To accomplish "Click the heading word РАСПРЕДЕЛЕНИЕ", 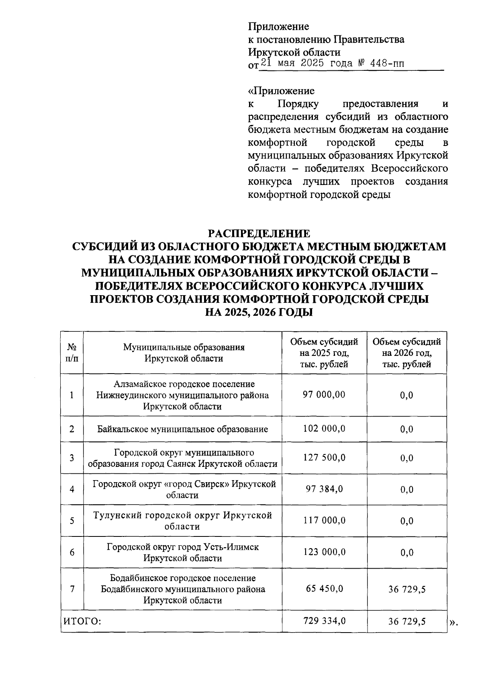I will pyautogui.click(x=259, y=233).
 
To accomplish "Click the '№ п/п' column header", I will pyautogui.click(x=71, y=352).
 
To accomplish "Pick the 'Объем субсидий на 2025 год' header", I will pyautogui.click(x=324, y=353).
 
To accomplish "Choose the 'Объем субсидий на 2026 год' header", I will pyautogui.click(x=406, y=353).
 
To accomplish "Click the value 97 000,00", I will pyautogui.click(x=324, y=394).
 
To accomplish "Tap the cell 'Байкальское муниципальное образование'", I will pyautogui.click(x=182, y=429).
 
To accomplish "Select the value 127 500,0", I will pyautogui.click(x=324, y=458).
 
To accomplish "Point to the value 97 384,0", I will pyautogui.click(x=324, y=489).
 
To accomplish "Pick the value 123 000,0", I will pyautogui.click(x=324, y=552).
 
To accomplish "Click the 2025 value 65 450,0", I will pyautogui.click(x=324, y=589).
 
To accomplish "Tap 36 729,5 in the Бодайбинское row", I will pyautogui.click(x=406, y=590).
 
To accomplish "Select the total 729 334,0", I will pyautogui.click(x=324, y=621).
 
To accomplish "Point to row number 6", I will pyautogui.click(x=72, y=553).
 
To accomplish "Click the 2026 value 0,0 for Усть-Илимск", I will pyautogui.click(x=406, y=553).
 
